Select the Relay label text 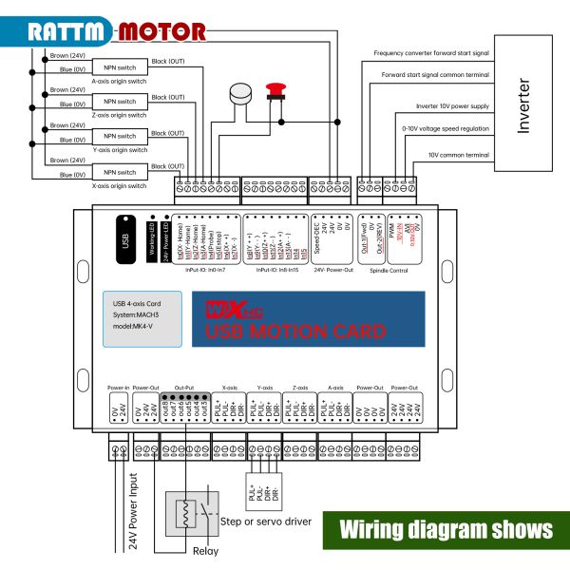[x=205, y=551]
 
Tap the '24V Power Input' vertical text [x=134, y=513]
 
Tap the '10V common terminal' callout [x=458, y=154]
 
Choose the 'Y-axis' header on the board [x=265, y=388]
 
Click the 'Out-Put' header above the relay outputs [x=184, y=388]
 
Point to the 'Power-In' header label [x=119, y=388]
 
